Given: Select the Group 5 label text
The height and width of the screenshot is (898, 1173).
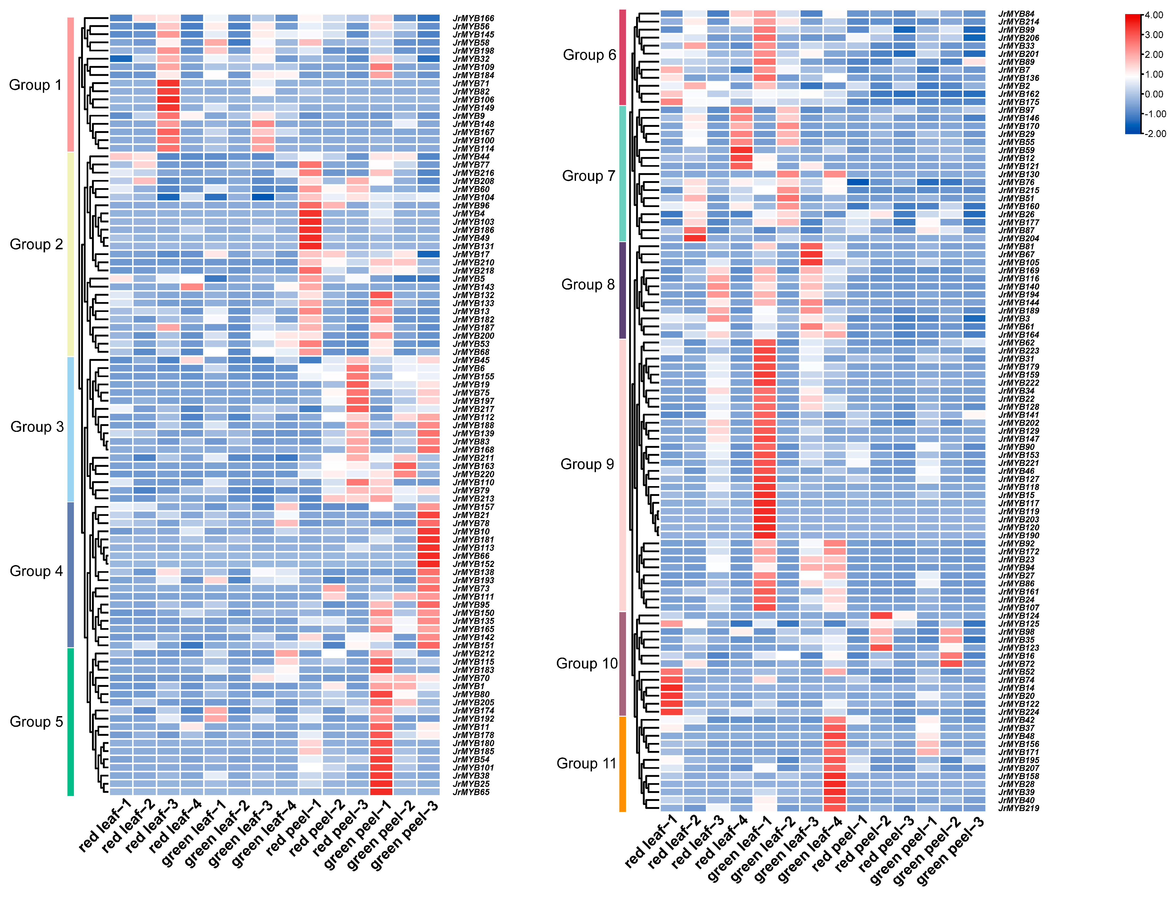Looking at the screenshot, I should [x=36, y=722].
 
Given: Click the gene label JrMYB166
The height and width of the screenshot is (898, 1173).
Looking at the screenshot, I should [x=473, y=18].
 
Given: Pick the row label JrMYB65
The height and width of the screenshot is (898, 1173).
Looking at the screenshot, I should [x=471, y=792].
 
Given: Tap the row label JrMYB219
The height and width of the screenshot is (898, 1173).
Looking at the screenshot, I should [x=1019, y=808].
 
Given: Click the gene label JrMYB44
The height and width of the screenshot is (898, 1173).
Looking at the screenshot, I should [x=471, y=157].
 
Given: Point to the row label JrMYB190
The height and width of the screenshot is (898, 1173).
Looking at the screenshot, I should [x=1019, y=536].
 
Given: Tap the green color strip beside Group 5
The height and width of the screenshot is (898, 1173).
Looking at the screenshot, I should [x=70, y=722].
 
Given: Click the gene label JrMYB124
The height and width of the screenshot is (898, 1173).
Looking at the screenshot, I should [x=1019, y=616].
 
